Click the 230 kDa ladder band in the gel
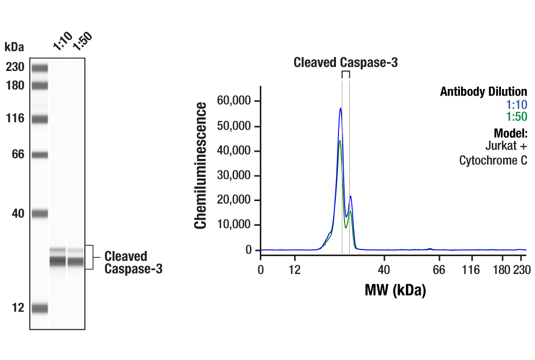coord(39,67)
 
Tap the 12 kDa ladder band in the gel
coord(39,308)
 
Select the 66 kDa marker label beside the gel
coord(18,154)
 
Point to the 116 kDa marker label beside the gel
coord(15,119)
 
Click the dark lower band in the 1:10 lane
coord(58,261)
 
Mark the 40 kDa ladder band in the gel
coord(39,213)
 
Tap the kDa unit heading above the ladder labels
coord(14,47)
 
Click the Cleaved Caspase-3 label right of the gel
coord(133,262)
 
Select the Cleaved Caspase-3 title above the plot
coord(346,63)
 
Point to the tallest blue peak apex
coord(341,108)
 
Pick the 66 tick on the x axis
coord(438,270)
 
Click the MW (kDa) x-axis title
coord(395,291)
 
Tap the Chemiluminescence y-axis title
coord(202,165)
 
